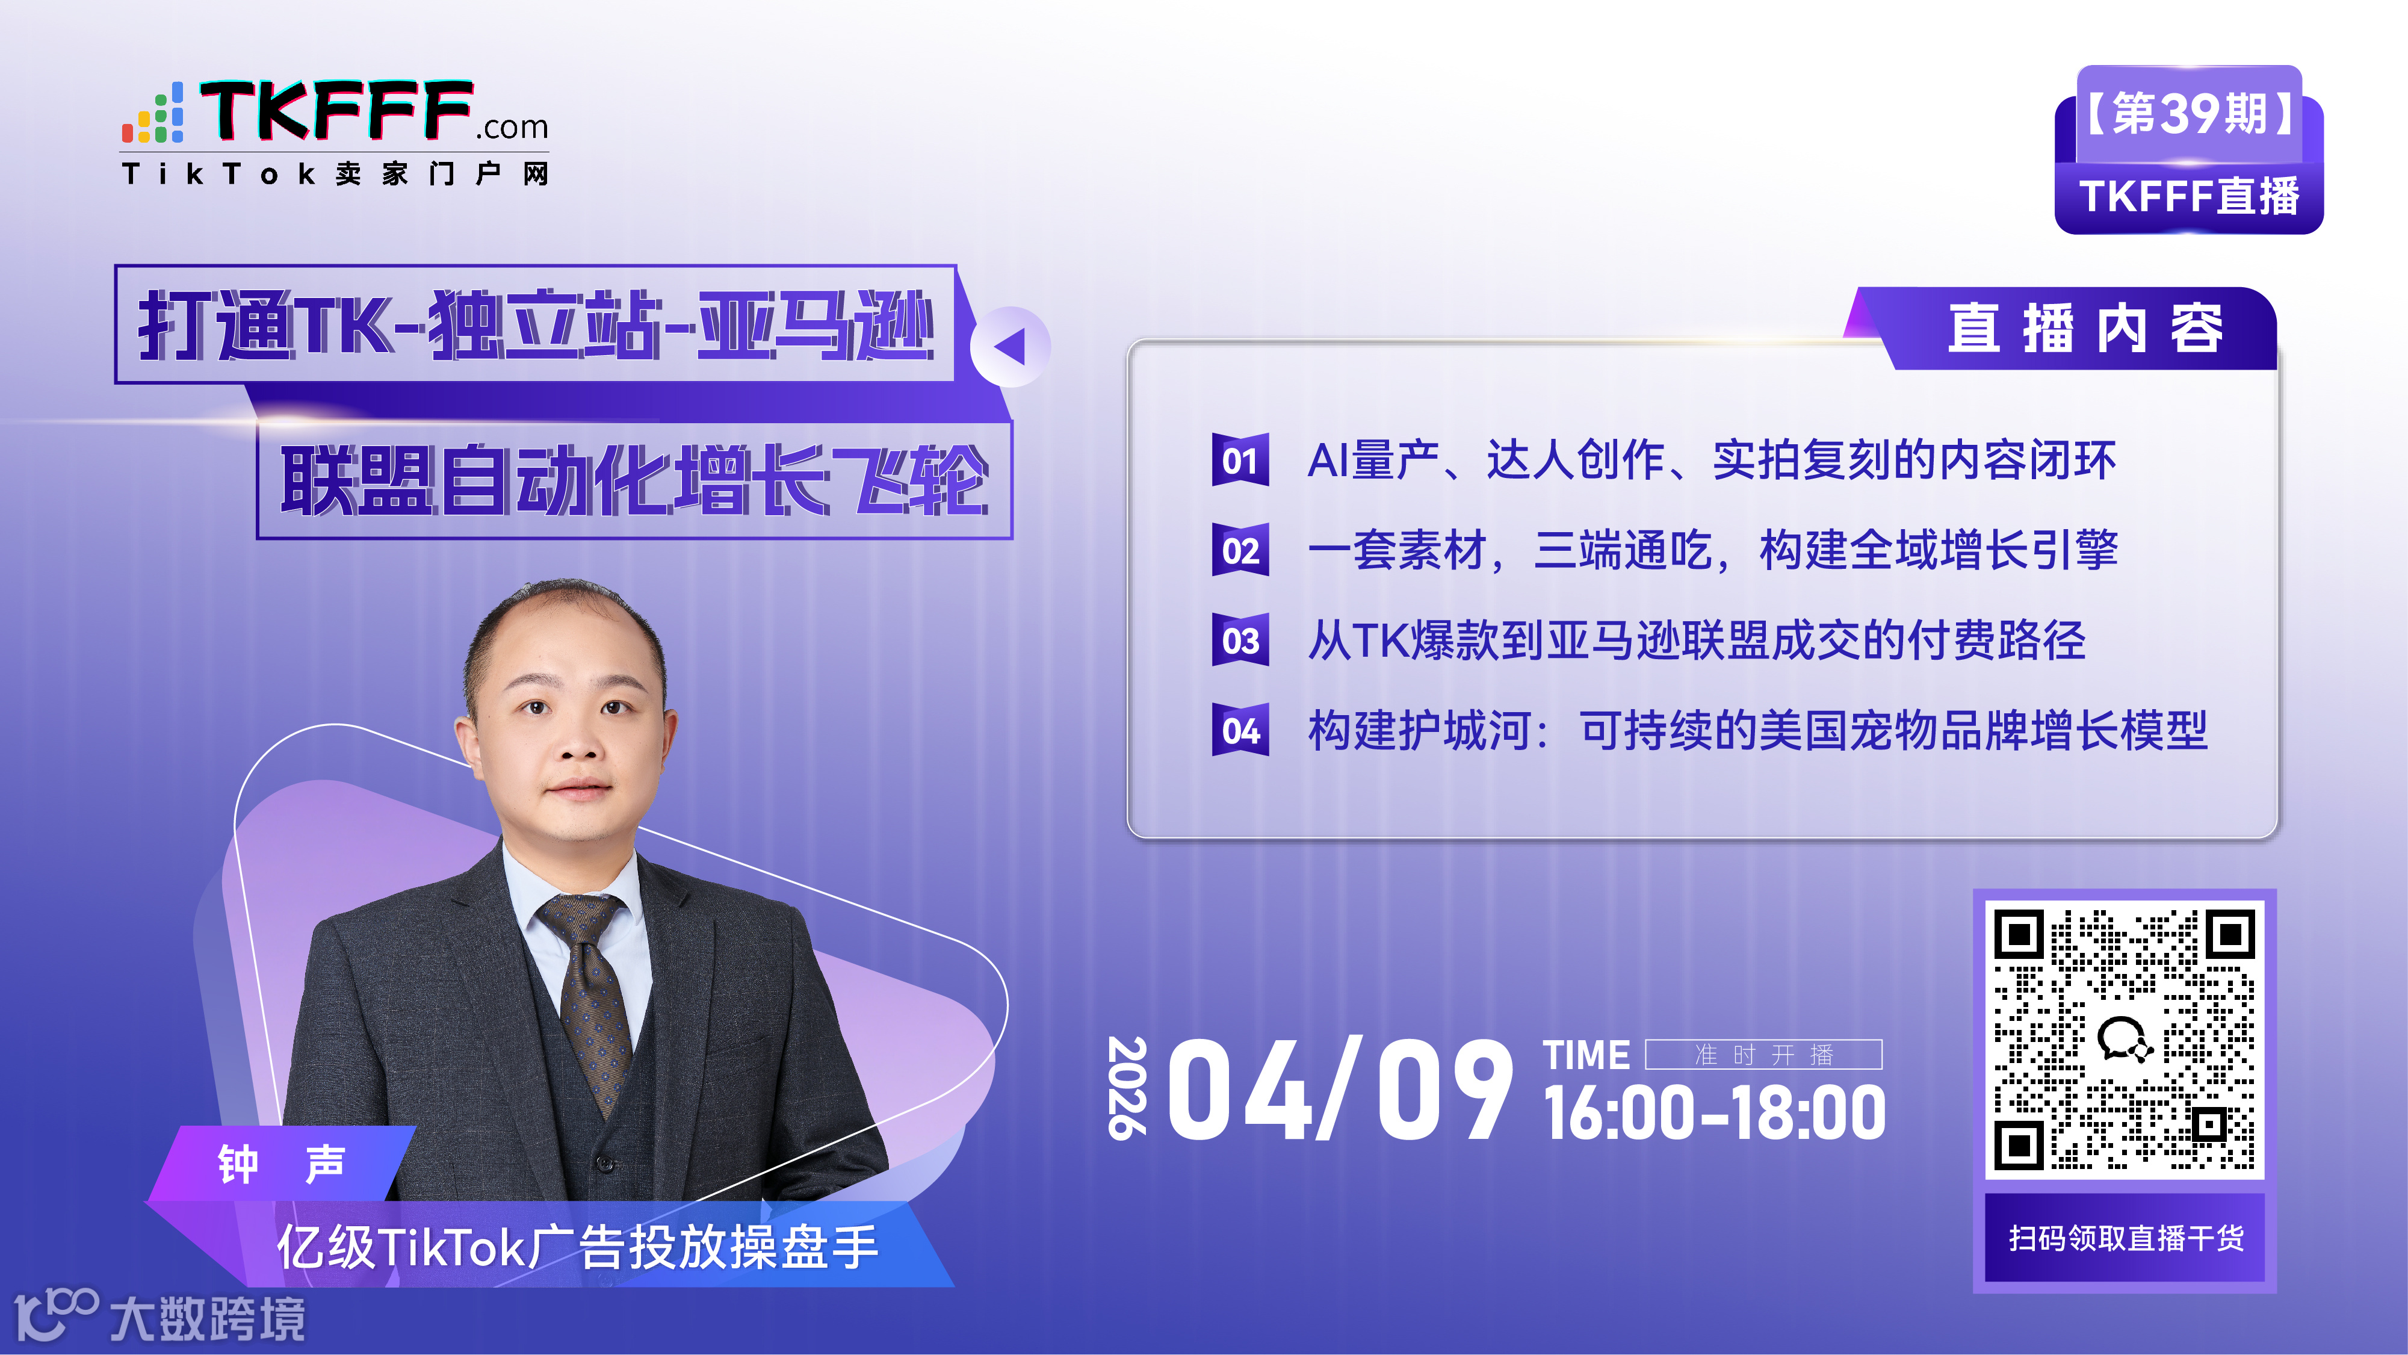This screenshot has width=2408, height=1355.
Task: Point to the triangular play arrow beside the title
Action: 1009,347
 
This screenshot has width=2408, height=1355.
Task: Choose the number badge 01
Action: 1240,460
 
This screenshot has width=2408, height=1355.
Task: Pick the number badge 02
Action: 1240,550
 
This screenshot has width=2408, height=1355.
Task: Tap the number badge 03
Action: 1240,640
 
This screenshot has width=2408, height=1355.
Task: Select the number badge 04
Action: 1240,730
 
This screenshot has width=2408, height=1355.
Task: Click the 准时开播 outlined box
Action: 1763,1055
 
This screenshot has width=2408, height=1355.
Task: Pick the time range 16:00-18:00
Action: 1713,1113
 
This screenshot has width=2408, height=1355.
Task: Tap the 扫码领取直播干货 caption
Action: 2125,1238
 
